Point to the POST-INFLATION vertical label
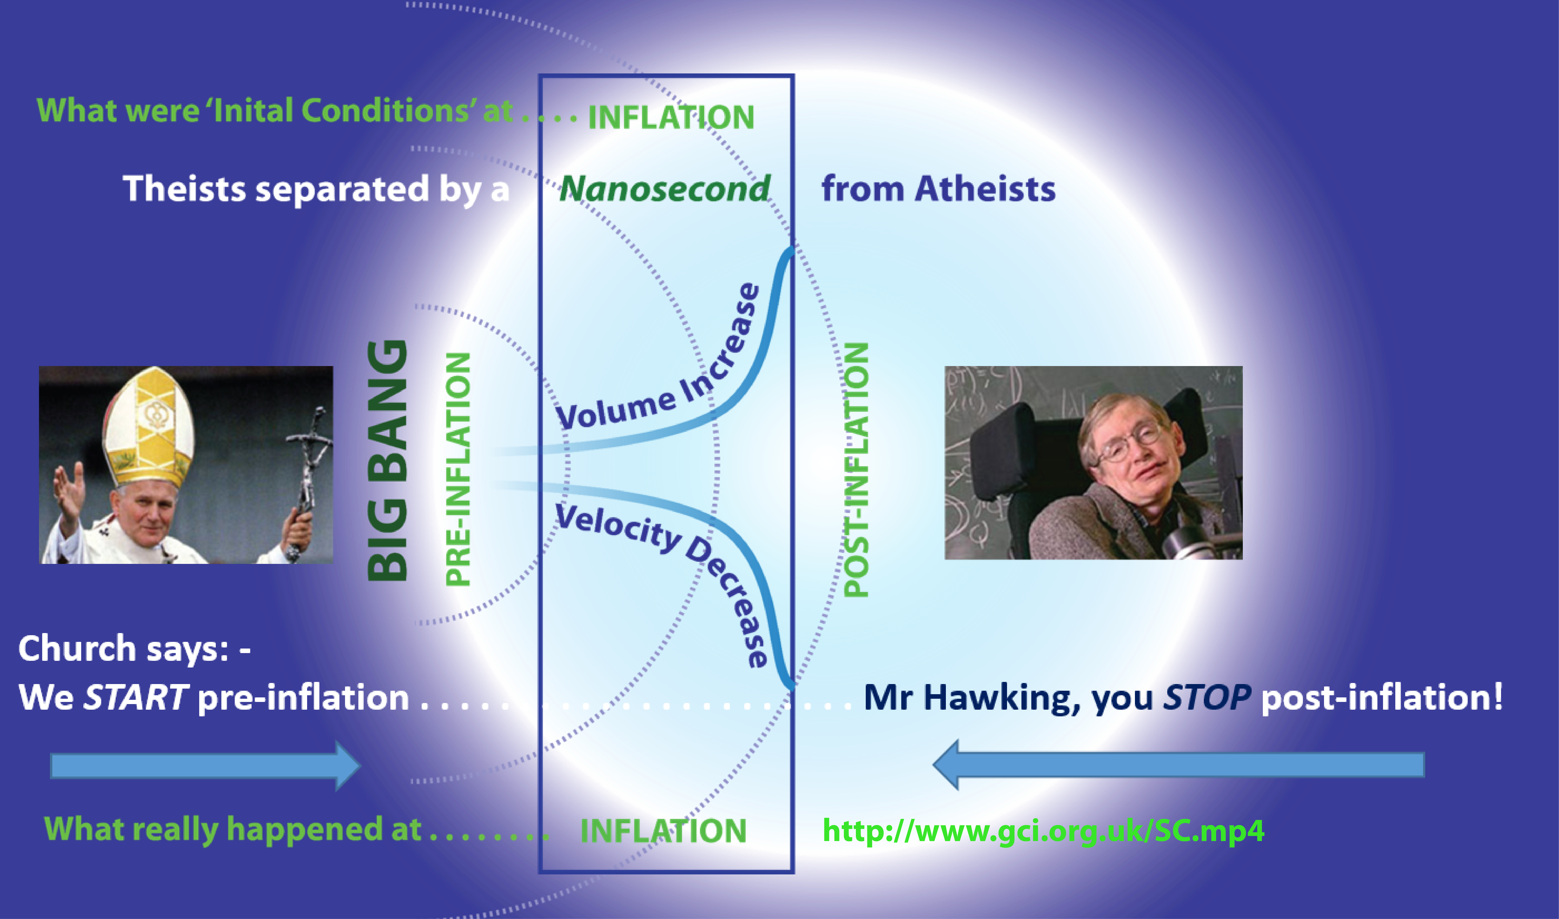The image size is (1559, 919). tap(857, 469)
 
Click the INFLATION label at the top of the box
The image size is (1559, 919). tap(671, 117)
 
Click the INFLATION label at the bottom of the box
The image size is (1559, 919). tap(663, 830)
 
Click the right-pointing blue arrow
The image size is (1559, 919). tap(205, 766)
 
